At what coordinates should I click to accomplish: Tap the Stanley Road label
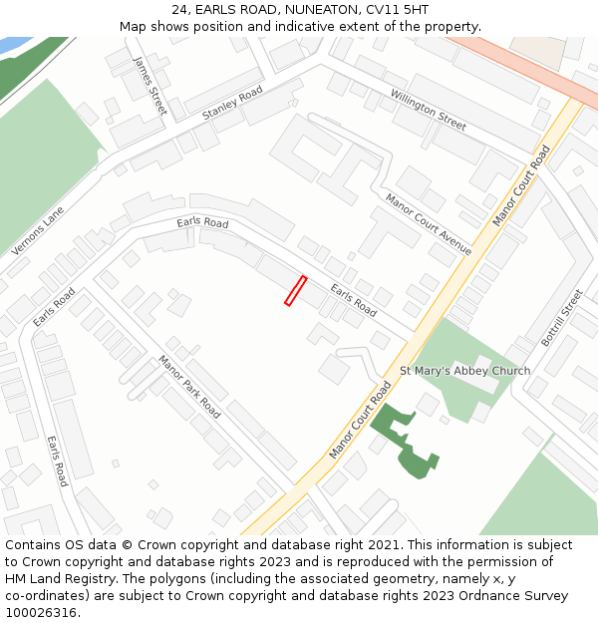[x=232, y=104]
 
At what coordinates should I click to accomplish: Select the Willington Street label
[x=429, y=110]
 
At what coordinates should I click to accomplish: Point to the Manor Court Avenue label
[x=429, y=224]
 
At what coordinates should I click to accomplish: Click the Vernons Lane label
[x=38, y=231]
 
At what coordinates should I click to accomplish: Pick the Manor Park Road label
[x=188, y=386]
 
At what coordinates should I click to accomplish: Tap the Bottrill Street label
[x=561, y=318]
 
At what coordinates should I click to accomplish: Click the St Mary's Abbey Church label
[x=464, y=371]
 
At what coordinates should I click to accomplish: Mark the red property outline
[x=295, y=291]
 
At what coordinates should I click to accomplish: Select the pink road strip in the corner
[x=528, y=60]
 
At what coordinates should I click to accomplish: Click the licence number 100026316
[x=42, y=612]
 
